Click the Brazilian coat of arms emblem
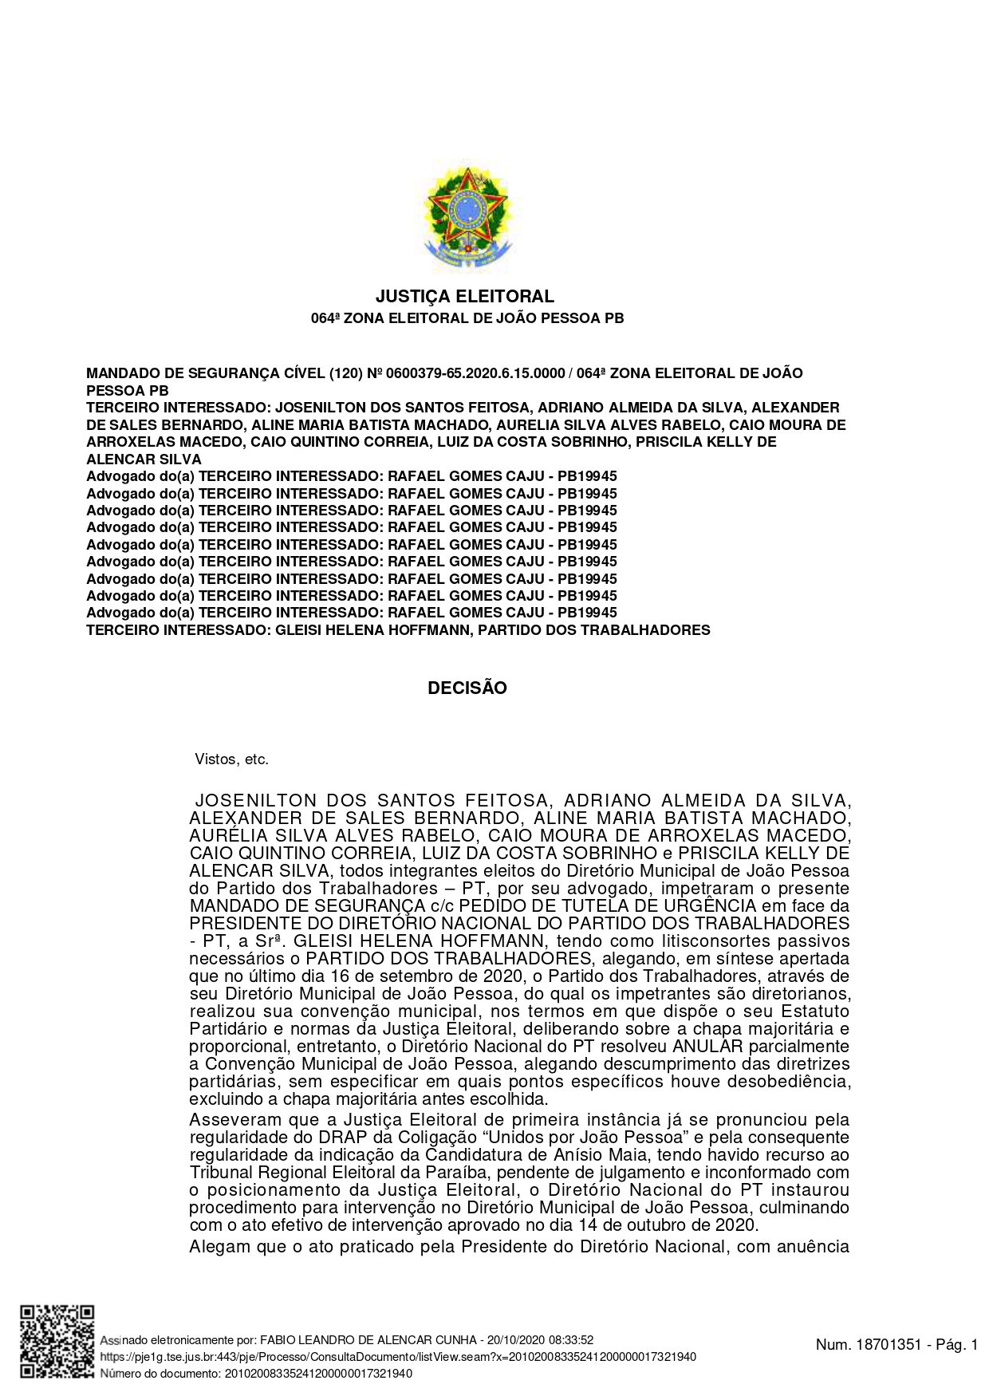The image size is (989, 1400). click(467, 217)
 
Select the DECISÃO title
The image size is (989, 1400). click(467, 688)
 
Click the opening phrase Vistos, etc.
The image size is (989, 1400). click(232, 759)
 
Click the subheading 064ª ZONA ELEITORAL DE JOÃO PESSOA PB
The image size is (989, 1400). click(467, 318)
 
